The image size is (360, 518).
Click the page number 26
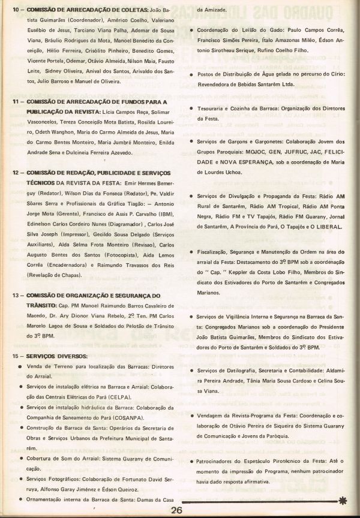(x=176, y=510)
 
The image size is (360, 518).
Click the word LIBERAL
(x=326, y=227)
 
